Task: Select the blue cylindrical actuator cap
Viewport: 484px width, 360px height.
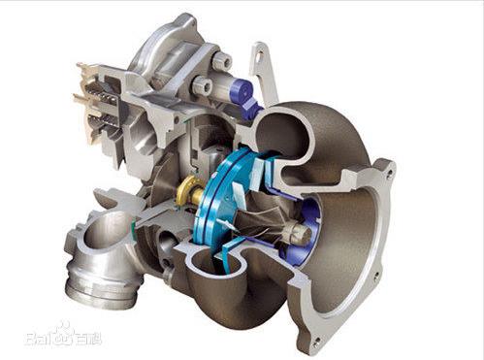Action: click(x=242, y=90)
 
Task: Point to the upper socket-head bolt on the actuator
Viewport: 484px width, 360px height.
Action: click(x=221, y=60)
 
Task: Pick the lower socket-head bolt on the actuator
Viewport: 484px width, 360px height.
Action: click(x=202, y=85)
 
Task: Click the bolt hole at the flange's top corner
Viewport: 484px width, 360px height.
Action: click(x=389, y=174)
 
